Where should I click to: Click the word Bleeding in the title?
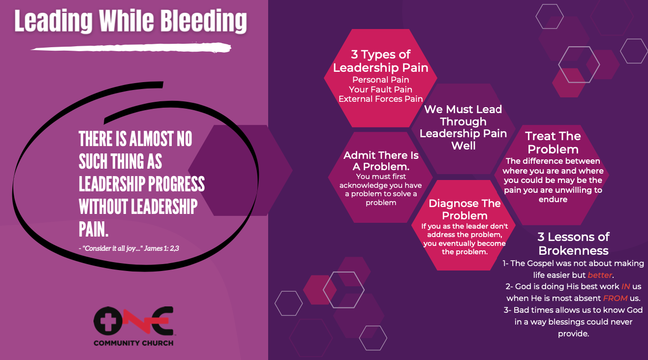203,21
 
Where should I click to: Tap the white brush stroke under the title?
131,48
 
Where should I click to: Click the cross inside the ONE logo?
108,321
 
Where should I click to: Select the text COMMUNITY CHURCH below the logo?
133,343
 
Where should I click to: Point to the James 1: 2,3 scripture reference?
161,248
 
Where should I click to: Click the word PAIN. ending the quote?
93,230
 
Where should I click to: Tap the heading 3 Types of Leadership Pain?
380,61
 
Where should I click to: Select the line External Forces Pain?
380,99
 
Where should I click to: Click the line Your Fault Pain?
380,90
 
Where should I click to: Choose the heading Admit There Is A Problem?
381,161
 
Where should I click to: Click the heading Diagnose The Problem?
464,210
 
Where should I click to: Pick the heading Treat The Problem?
553,143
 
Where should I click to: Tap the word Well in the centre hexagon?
463,146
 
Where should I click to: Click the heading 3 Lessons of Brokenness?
573,244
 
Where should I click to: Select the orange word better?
600,275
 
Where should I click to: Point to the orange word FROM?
615,298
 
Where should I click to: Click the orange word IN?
625,286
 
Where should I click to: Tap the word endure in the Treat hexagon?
553,200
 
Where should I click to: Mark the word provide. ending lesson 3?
573,333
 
